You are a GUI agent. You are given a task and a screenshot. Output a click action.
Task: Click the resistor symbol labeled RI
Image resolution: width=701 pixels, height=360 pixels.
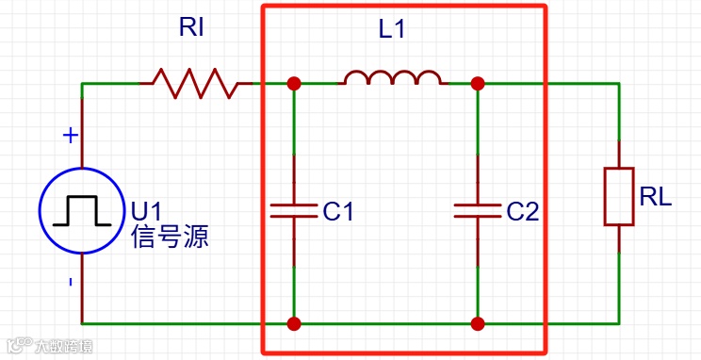click(x=196, y=83)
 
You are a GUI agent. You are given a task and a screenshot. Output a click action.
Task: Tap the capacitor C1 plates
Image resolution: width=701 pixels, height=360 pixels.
click(x=294, y=209)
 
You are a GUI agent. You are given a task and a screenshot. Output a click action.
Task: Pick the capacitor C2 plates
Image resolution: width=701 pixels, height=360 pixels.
click(x=478, y=209)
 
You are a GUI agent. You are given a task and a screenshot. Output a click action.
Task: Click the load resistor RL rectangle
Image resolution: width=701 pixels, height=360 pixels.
click(x=619, y=196)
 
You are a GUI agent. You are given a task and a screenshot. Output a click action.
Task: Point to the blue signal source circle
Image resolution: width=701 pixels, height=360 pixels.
click(x=82, y=209)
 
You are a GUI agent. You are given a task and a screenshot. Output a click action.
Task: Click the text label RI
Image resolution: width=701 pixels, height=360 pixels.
click(x=191, y=28)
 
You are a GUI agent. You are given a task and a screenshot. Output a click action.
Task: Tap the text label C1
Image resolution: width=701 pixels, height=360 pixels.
click(x=338, y=212)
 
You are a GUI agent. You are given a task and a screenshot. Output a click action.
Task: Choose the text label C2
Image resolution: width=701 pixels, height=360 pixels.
click(x=522, y=212)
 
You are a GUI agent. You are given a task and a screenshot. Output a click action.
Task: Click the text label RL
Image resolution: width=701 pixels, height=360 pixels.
click(x=656, y=197)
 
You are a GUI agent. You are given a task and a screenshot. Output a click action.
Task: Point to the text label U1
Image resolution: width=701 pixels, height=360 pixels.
click(x=147, y=210)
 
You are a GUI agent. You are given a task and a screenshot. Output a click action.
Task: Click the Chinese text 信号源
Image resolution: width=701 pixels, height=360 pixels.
click(x=170, y=236)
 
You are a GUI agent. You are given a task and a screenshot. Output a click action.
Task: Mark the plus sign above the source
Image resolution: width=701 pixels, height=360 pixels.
click(x=70, y=136)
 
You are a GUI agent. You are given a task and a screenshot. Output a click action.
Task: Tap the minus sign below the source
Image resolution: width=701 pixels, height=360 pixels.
click(x=70, y=282)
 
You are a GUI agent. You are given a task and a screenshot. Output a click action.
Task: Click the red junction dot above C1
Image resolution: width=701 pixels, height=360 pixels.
click(x=294, y=83)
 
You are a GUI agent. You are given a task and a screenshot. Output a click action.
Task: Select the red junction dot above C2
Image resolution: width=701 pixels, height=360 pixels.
click(x=478, y=83)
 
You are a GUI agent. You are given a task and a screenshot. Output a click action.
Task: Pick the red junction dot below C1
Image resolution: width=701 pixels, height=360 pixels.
click(x=294, y=324)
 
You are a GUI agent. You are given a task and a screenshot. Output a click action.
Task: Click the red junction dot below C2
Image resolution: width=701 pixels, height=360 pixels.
click(x=478, y=324)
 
